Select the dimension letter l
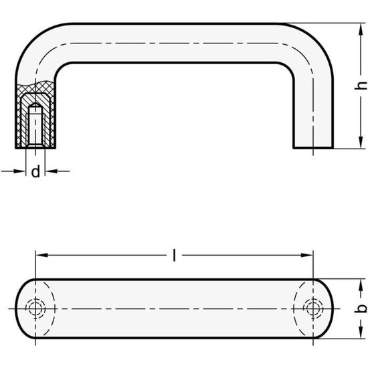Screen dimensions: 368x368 coord(175,255)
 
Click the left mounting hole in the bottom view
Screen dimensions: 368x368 coord(35,308)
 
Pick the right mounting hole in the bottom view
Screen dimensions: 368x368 coord(309,308)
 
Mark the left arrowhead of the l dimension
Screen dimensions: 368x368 coord(39,255)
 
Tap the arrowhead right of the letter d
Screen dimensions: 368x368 coord(49,172)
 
